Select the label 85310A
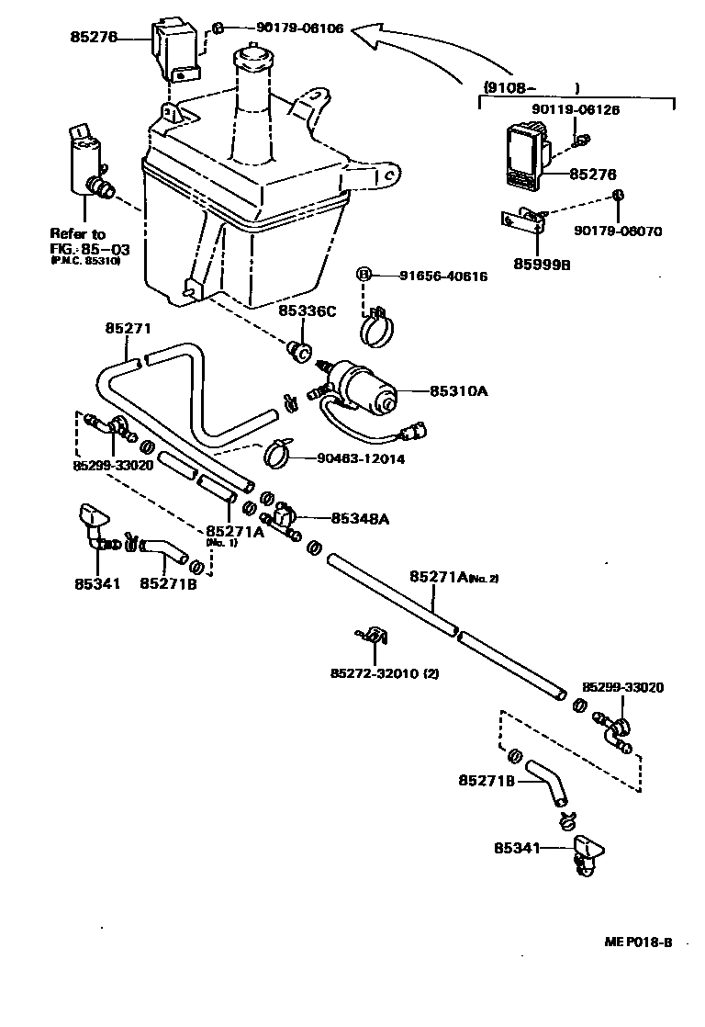(x=459, y=391)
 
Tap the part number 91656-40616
(x=442, y=276)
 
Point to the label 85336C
(x=306, y=310)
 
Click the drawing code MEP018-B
(x=638, y=942)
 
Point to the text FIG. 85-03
(x=84, y=248)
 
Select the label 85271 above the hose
(x=128, y=328)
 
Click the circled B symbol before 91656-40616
(x=364, y=275)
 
